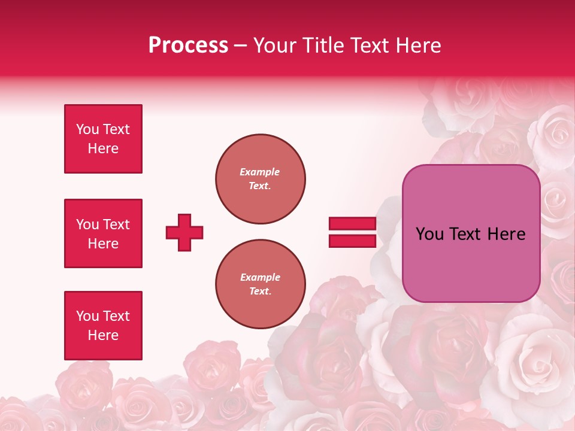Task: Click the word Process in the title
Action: point(188,45)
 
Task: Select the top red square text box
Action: point(103,139)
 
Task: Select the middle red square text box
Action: point(103,233)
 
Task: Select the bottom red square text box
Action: point(103,326)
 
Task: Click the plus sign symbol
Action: point(184,232)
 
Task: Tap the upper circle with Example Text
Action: point(260,178)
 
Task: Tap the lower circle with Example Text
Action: point(260,284)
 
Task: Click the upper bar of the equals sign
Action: point(352,224)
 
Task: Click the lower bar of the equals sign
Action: point(352,241)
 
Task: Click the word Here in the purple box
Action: point(506,234)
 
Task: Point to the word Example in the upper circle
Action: point(259,172)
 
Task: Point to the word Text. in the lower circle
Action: point(260,292)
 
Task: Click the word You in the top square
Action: point(87,129)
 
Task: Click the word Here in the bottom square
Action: point(103,335)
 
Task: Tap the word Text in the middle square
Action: point(116,224)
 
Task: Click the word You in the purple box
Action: point(429,234)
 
